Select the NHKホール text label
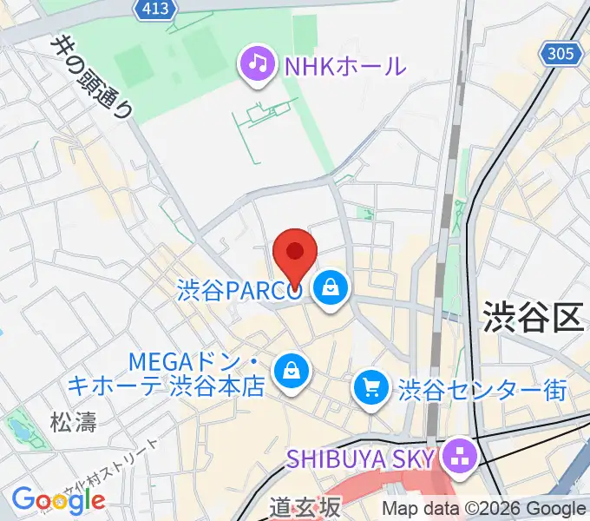click(344, 65)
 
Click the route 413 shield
click(157, 9)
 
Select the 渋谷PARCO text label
click(239, 290)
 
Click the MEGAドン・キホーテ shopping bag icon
click(288, 371)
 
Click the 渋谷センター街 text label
click(482, 388)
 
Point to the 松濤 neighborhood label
click(72, 423)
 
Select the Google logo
click(59, 499)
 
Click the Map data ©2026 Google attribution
click(486, 509)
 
